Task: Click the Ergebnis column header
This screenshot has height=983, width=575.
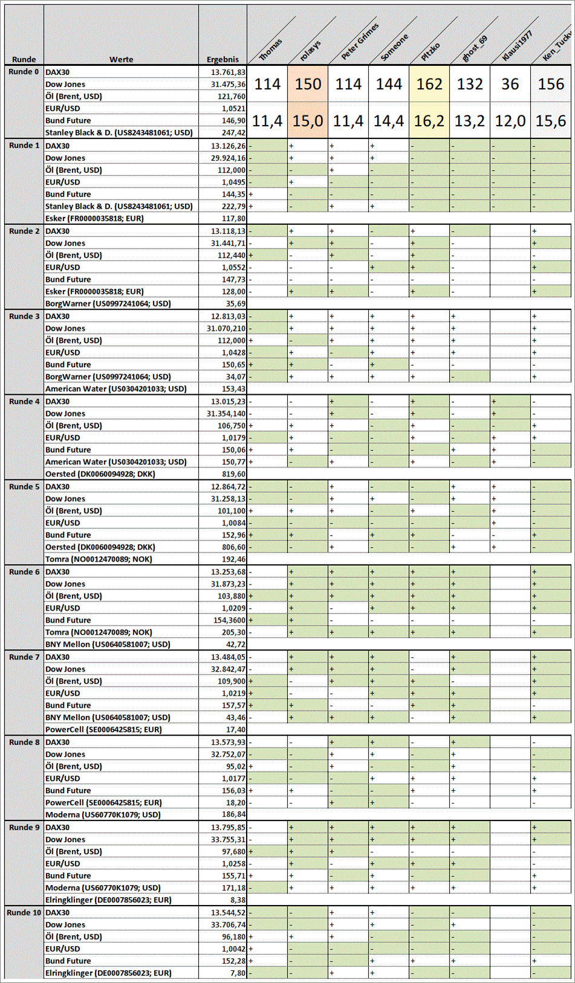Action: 223,59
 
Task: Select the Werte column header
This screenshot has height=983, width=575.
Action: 121,59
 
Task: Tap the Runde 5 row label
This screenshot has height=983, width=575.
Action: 24,487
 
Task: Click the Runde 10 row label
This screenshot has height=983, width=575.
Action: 24,912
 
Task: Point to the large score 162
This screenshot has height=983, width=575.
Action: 429,84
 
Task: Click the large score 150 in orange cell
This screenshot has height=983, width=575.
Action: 308,84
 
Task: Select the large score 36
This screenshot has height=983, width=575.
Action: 510,84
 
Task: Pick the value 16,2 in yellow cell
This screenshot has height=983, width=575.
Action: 429,121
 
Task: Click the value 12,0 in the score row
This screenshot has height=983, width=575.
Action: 510,121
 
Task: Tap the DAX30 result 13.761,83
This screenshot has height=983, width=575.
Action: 228,72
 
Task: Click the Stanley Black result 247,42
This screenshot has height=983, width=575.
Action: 233,132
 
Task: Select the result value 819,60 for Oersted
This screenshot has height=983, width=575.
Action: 233,474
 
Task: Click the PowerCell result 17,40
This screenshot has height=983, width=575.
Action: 235,729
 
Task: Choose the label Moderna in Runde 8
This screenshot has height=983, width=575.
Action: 103,814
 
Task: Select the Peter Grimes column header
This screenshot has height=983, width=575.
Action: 360,41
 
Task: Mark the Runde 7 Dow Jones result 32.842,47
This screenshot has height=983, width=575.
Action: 228,669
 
